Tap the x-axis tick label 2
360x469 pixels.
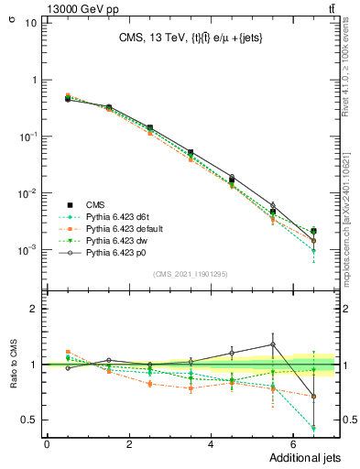(128, 444)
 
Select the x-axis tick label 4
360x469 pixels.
(211, 444)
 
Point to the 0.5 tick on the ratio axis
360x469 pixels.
(33, 420)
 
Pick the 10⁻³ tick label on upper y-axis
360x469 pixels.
(29, 250)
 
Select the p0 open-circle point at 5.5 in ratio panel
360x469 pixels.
(273, 344)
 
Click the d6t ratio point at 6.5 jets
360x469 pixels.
(314, 428)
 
